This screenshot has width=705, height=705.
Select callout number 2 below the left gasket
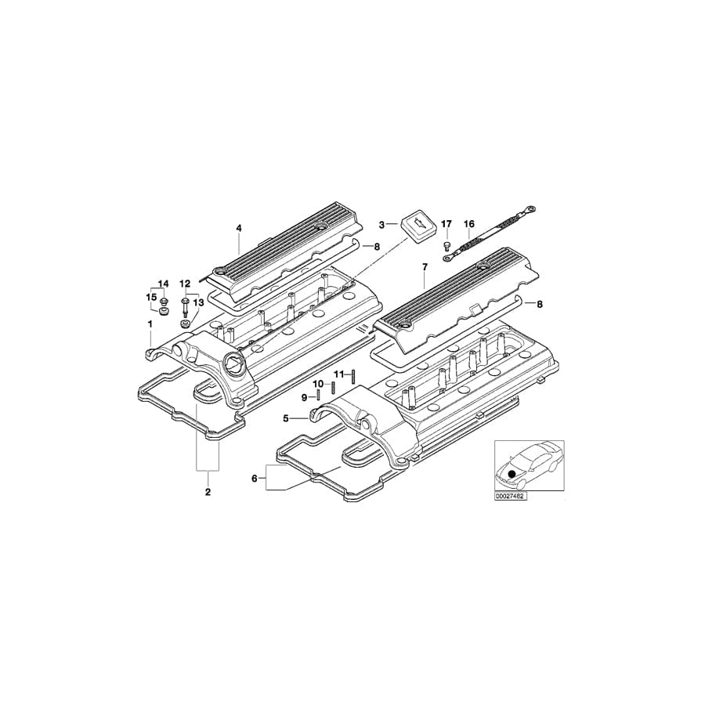[x=208, y=492]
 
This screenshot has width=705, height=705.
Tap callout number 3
[x=382, y=224]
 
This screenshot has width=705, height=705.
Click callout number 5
[x=287, y=418]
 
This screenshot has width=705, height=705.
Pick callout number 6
[x=254, y=477]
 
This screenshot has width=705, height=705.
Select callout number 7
[x=424, y=268]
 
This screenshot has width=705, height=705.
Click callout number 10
[x=319, y=384]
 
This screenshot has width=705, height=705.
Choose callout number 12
[x=186, y=283]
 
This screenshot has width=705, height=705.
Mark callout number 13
[x=198, y=302]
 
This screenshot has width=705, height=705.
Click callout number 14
[x=164, y=283]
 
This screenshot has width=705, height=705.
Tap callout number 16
[x=469, y=223]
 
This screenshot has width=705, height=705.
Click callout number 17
[x=446, y=224]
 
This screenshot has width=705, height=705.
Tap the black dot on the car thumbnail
[x=513, y=473]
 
